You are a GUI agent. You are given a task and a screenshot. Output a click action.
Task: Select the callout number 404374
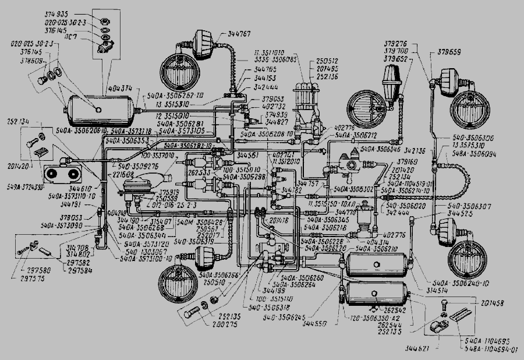(x=120, y=88)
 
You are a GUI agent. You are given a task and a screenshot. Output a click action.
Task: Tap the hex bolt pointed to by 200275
(x=192, y=313)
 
